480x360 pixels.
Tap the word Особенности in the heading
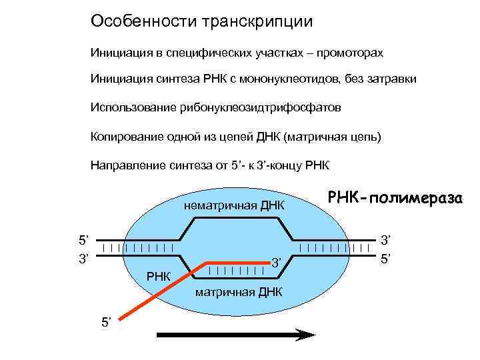139,21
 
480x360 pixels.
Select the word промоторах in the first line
351,52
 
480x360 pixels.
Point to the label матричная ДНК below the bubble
239,292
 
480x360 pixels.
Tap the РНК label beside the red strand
158,275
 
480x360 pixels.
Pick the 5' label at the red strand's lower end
107,323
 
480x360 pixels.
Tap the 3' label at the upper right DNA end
387,238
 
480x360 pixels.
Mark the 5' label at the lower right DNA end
387,256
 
